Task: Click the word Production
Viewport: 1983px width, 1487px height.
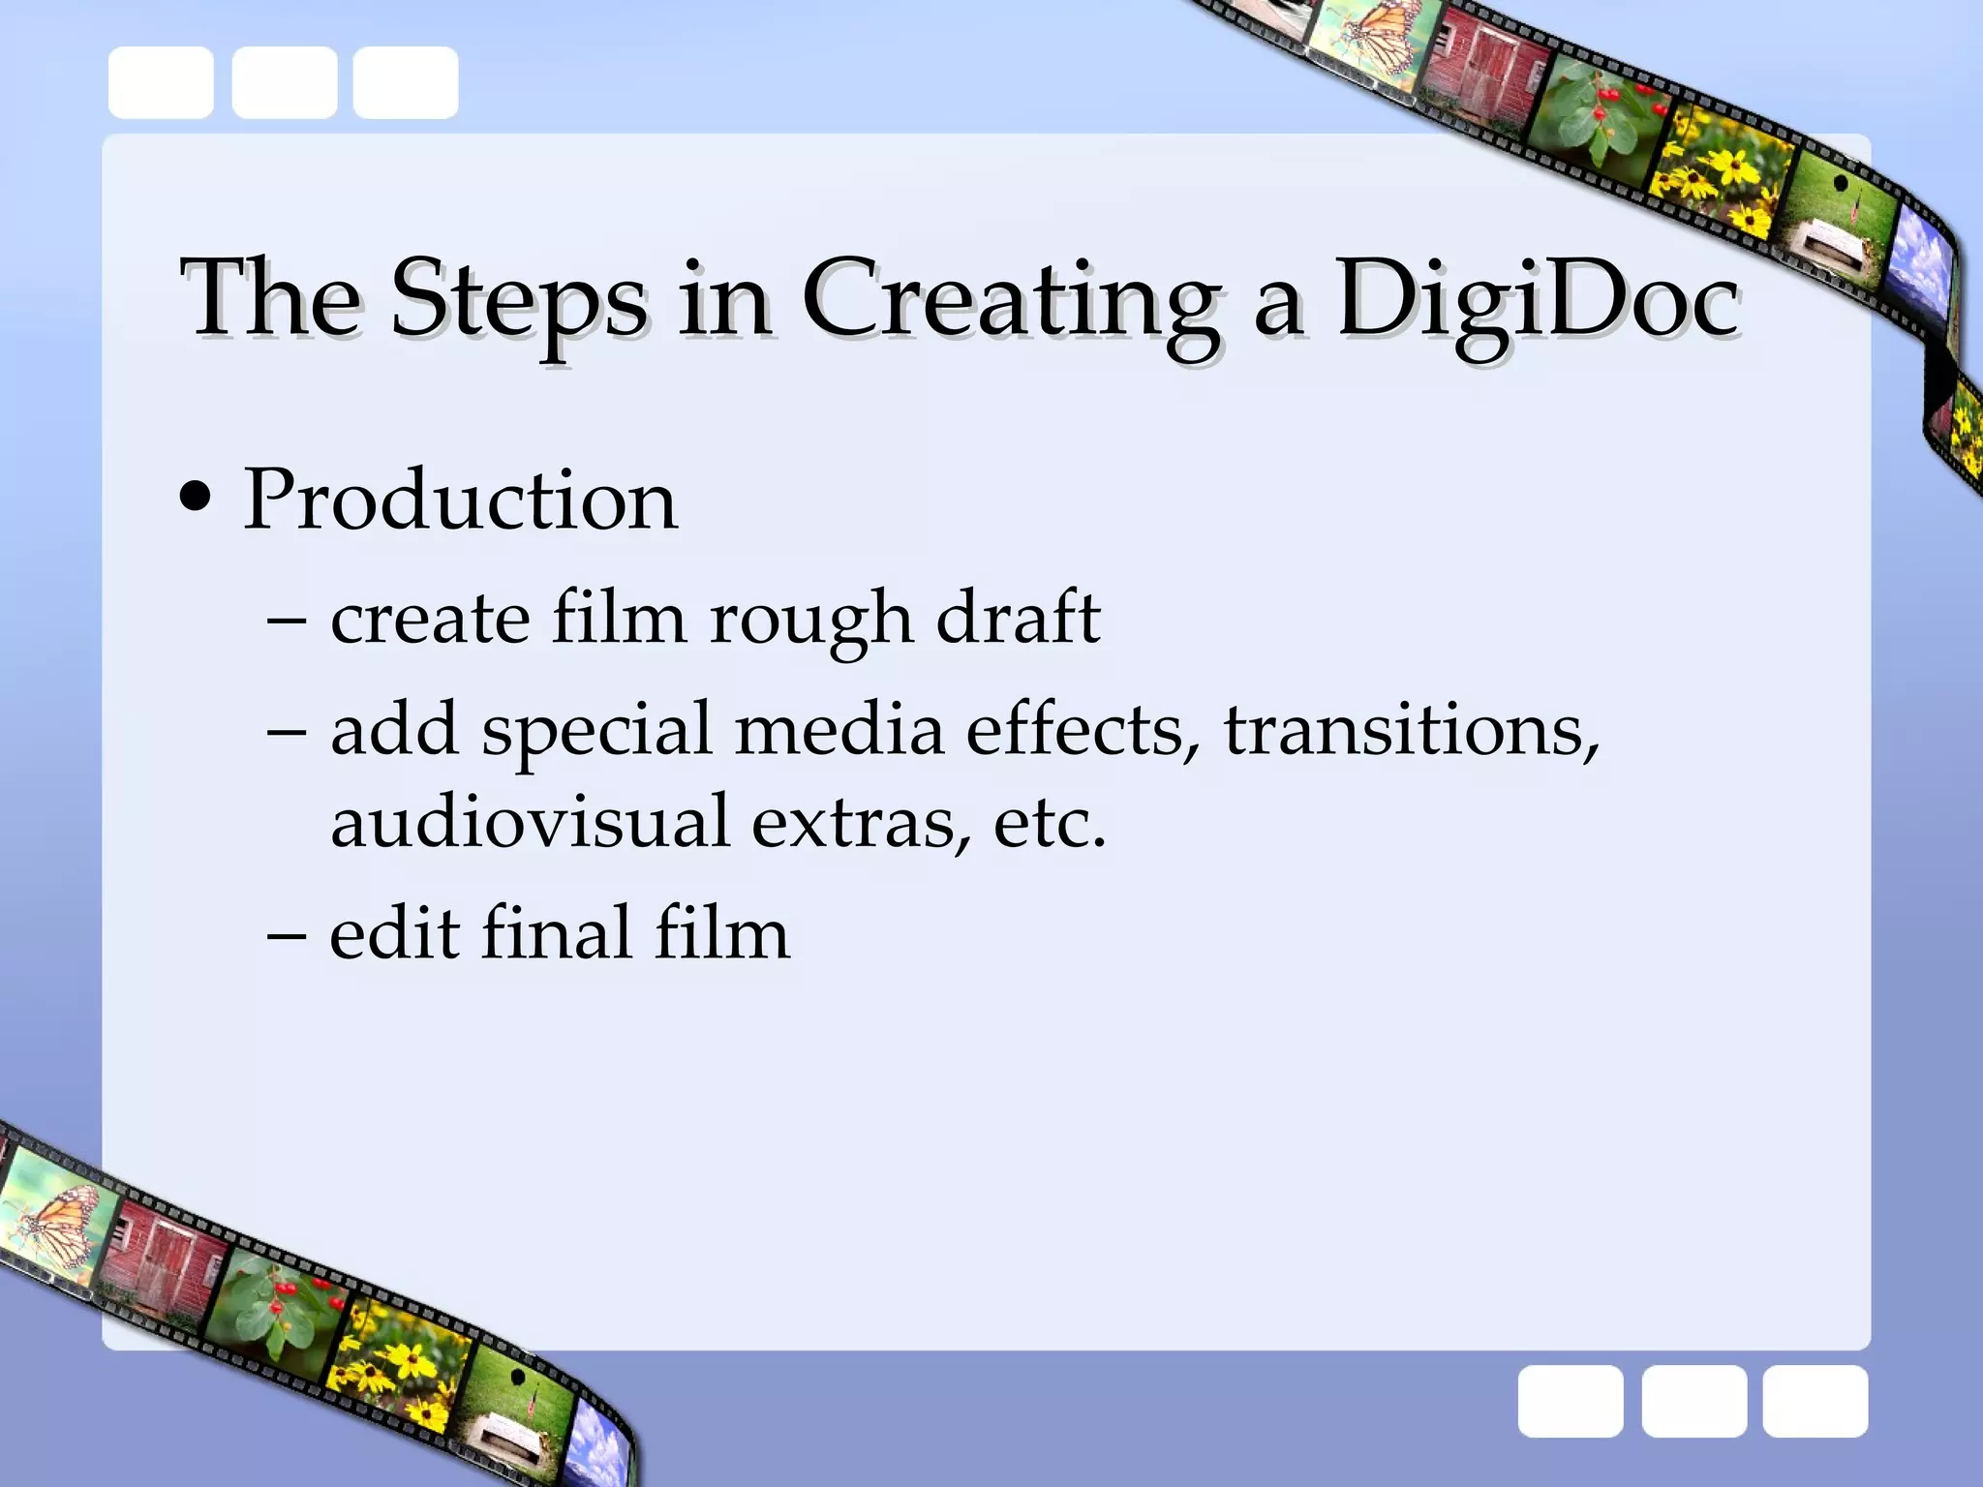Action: pos(460,501)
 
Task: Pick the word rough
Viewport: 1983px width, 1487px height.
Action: pos(810,620)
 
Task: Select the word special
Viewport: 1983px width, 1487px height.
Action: pos(596,732)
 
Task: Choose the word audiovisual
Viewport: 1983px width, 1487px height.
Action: pos(529,821)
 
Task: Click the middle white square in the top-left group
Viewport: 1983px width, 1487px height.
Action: pos(284,82)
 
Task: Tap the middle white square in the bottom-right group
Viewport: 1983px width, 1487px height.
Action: pos(1693,1401)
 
